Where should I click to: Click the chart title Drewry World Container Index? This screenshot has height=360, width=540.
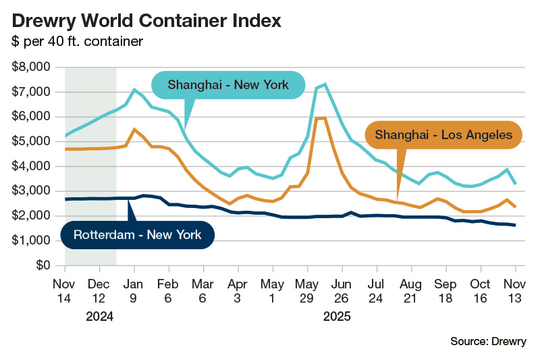click(x=146, y=20)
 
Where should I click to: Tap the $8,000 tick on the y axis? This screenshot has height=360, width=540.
click(x=32, y=67)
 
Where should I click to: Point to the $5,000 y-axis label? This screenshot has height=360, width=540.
click(x=32, y=141)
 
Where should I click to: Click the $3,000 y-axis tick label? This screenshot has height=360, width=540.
click(x=32, y=191)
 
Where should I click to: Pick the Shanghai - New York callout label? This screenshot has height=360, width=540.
click(x=228, y=85)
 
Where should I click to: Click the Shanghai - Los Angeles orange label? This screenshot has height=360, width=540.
click(x=443, y=135)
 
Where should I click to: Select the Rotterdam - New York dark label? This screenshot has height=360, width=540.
click(x=137, y=235)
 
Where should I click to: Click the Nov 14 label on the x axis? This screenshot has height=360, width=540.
click(x=65, y=290)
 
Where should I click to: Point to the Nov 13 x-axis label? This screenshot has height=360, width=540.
click(x=516, y=290)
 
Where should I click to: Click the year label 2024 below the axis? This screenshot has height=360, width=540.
click(x=99, y=315)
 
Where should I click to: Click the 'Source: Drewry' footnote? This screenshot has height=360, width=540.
click(x=488, y=342)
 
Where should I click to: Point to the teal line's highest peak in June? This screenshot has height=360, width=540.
click(x=325, y=84)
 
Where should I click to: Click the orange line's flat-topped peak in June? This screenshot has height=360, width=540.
click(x=321, y=118)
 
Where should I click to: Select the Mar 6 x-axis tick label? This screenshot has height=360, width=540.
click(x=203, y=290)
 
